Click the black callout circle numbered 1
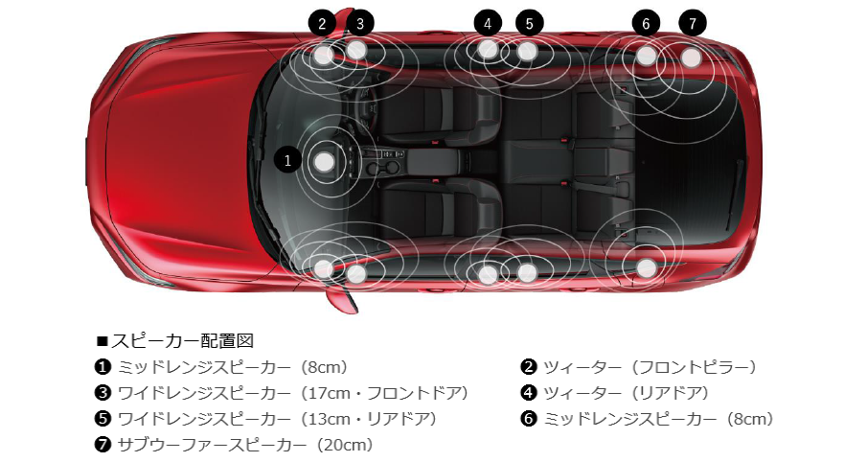(288, 160)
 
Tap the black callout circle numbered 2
(322, 23)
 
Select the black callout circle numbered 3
(359, 23)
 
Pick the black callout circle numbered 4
(488, 23)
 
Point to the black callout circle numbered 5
(528, 23)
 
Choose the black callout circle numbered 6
(647, 23)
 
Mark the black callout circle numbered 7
(692, 23)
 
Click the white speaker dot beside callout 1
(325, 162)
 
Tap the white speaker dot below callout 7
(692, 58)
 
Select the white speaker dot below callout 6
(647, 56)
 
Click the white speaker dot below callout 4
(488, 49)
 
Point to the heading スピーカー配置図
(174, 340)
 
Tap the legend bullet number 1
(103, 366)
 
